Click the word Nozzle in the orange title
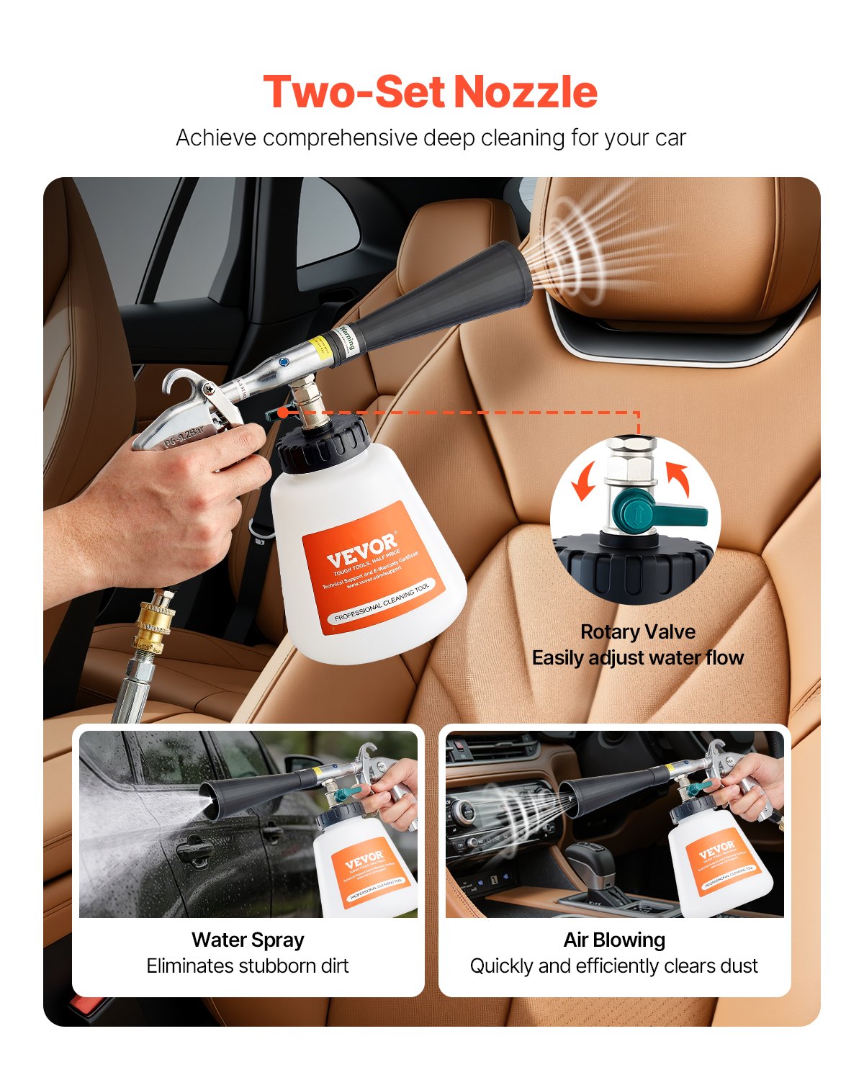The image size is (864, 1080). coord(526,92)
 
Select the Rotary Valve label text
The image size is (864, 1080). coord(638,632)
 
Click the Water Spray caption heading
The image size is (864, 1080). coord(248,940)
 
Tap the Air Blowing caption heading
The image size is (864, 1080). coord(614,940)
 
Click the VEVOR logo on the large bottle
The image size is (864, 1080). coord(361,551)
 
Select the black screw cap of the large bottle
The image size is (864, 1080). coord(323,445)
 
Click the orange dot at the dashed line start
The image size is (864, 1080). coord(284,413)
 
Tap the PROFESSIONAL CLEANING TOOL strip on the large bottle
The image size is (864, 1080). coord(382,603)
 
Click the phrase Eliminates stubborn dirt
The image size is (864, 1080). coord(248,966)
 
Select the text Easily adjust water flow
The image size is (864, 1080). coord(638,658)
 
